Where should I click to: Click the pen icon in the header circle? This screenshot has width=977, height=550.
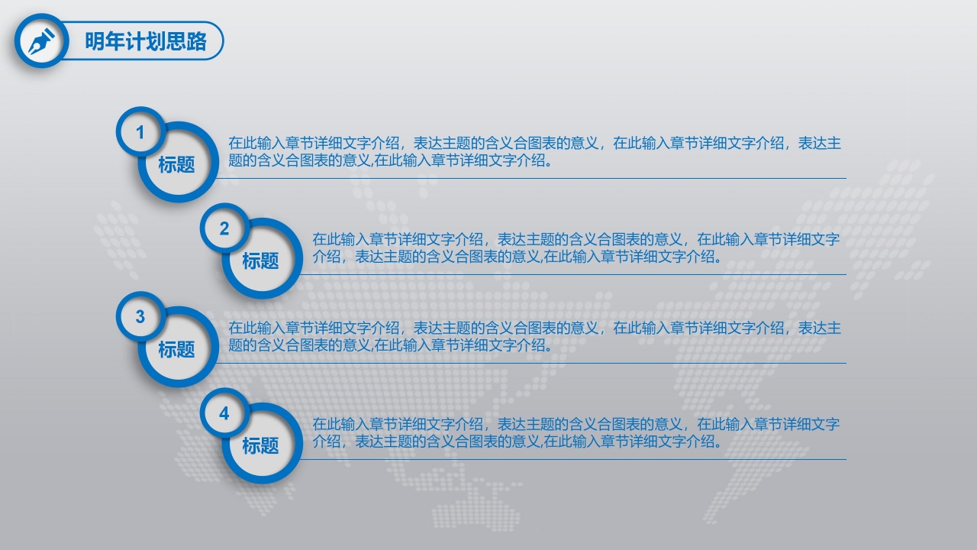point(41,41)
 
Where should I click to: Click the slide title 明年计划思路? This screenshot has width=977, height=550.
point(146,41)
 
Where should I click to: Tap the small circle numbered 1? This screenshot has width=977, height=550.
point(140,133)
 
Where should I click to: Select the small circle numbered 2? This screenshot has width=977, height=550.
point(224,229)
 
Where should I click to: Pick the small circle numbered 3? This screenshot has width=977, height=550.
point(140,317)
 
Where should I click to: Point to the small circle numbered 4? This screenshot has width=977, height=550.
point(224,413)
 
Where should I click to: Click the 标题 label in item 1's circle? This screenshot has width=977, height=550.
point(176,164)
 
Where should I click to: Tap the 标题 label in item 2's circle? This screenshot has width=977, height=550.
point(260,260)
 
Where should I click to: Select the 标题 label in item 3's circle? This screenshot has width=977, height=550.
point(176,349)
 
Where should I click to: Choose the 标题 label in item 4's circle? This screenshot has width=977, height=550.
point(260,445)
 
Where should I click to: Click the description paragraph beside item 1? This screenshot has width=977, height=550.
point(534,151)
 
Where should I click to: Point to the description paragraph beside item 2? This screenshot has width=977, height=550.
point(576,247)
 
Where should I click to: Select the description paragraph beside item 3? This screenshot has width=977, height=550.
point(534,336)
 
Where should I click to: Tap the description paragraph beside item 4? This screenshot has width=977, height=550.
point(576,432)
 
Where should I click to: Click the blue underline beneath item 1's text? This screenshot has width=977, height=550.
point(534,178)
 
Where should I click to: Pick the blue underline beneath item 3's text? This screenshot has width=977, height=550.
point(534,363)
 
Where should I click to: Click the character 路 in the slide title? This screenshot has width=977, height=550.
point(197,41)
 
